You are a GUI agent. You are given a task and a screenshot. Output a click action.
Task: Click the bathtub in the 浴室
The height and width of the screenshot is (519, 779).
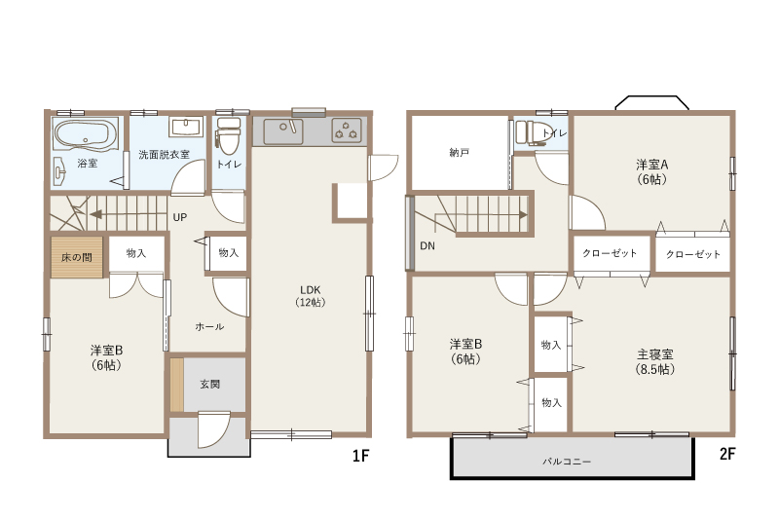[x=85, y=135]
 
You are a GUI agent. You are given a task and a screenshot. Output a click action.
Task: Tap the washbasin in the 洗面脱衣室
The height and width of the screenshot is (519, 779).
[x=186, y=127]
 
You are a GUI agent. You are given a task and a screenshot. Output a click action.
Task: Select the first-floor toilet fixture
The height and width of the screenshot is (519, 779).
[x=229, y=135]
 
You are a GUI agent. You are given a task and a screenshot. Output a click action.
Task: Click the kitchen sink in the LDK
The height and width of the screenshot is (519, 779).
[x=283, y=130]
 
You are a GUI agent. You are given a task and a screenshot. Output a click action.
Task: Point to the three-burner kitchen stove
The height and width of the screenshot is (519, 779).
[x=347, y=130]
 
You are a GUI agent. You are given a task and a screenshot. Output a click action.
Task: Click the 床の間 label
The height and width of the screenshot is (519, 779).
[x=77, y=257]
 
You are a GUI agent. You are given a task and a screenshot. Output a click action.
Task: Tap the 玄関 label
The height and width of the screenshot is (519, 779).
[x=209, y=384]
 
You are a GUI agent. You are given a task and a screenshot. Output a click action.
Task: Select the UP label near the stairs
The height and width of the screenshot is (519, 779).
[x=180, y=217]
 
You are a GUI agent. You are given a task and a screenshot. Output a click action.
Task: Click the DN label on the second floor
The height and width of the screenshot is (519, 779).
[x=427, y=245]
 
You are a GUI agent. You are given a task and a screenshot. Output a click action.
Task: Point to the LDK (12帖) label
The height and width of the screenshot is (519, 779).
[x=311, y=295]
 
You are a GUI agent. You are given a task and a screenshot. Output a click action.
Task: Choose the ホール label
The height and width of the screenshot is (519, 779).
[x=209, y=326]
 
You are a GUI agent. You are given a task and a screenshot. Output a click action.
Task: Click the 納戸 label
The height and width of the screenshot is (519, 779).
[x=459, y=153]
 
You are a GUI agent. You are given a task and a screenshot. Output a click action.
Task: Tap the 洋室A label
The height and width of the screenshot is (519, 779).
[x=651, y=165]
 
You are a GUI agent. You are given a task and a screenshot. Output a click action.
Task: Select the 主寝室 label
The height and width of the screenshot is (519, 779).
[x=655, y=354]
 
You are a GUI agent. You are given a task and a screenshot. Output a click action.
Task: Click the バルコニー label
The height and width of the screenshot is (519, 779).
[x=567, y=462]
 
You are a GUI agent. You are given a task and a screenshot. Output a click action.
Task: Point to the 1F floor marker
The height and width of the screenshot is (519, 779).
[x=360, y=456]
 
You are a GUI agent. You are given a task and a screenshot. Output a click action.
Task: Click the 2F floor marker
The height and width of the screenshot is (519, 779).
[x=727, y=454]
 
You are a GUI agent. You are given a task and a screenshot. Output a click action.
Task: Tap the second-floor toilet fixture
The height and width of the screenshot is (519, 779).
[x=530, y=132]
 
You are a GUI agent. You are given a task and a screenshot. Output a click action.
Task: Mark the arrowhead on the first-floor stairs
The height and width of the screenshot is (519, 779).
[x=95, y=214]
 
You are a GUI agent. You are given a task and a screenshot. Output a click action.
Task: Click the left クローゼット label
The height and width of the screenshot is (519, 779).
[x=610, y=253]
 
